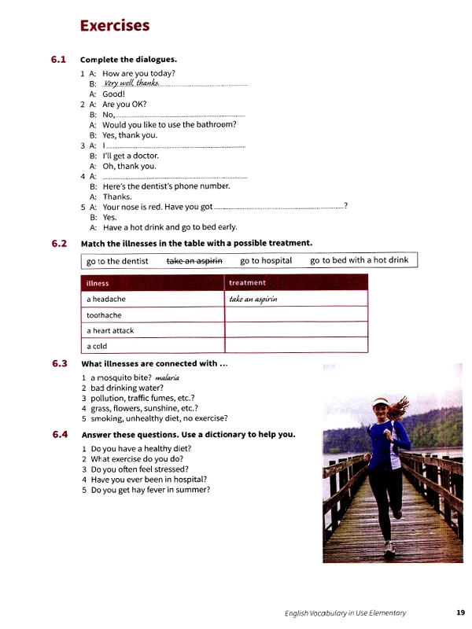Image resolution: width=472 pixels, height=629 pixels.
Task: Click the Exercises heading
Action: coord(115,26)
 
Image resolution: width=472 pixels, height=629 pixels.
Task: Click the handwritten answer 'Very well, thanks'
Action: coord(127,83)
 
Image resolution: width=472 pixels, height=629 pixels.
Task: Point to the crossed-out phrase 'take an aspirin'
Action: coord(194,260)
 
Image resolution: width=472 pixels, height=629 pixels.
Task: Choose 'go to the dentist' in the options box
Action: coord(117,261)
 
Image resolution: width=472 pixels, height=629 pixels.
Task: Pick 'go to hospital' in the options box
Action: coord(266,260)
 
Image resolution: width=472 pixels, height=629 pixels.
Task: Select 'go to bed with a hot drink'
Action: coord(359,260)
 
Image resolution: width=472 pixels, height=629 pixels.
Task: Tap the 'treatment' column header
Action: coord(247,282)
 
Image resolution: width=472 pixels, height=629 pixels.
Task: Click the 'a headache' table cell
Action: coord(106,299)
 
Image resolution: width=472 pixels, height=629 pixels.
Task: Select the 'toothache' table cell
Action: coord(104,314)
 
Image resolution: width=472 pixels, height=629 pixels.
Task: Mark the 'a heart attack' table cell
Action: coord(110,330)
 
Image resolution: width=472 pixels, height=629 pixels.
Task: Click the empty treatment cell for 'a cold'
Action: coord(296,346)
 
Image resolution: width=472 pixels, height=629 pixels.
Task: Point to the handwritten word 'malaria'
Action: coord(168,377)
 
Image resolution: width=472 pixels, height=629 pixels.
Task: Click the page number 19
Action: coord(460,612)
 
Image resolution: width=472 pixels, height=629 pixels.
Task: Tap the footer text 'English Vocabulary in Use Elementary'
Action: coord(345,612)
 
